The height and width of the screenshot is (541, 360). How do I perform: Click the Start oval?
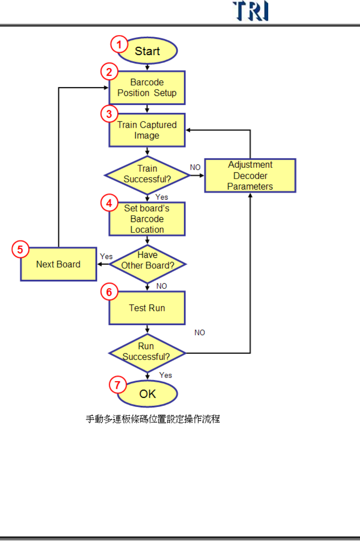tap(147, 51)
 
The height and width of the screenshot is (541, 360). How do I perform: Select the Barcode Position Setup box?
tap(147, 88)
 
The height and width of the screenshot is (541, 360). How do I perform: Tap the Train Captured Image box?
tap(147, 130)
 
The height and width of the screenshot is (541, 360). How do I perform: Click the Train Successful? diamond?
tap(147, 174)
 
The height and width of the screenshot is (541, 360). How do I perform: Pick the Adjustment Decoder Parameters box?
tap(250, 175)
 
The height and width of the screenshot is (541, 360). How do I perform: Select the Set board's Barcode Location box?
tap(147, 219)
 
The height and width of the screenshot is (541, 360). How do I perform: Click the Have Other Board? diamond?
tap(148, 264)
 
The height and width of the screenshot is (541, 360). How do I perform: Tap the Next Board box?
tap(59, 264)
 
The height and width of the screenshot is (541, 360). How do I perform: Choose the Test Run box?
tap(147, 308)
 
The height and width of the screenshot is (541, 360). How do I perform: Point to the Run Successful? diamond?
tap(147, 352)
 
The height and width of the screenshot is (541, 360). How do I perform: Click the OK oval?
tap(147, 394)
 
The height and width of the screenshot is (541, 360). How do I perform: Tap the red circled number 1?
tap(119, 45)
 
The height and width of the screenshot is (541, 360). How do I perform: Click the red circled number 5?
tap(20, 249)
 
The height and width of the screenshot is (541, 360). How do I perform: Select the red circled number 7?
tap(118, 385)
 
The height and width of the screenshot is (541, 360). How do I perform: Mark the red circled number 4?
tap(109, 203)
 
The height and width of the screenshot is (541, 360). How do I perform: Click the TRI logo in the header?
tap(250, 11)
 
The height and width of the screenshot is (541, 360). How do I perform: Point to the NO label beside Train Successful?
tap(195, 168)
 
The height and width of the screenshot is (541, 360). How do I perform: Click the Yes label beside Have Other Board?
tap(106, 257)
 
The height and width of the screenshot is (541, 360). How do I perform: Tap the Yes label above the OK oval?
tap(166, 375)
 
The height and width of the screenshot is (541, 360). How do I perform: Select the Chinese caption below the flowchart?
tap(153, 419)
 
